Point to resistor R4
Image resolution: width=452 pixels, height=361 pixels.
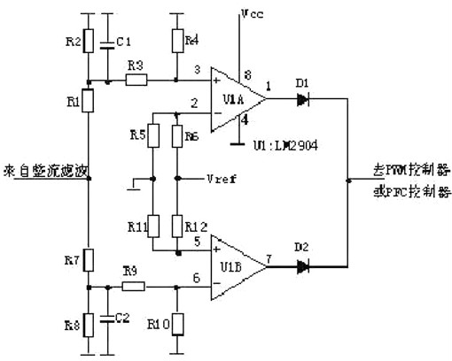[x=178, y=40]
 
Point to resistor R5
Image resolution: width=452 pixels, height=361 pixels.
[x=153, y=138]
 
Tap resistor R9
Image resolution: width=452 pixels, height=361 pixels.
[x=132, y=287]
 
